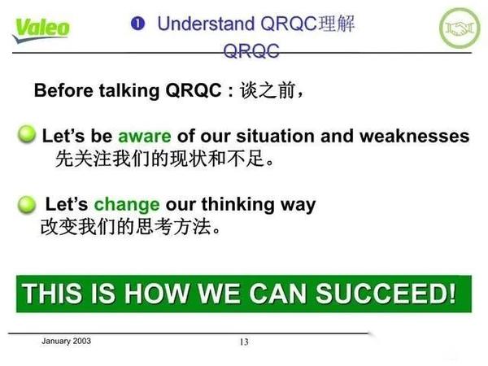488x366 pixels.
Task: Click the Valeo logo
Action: [41, 28]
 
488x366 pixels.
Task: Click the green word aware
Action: [145, 136]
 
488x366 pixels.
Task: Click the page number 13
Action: [244, 342]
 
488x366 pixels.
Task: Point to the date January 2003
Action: [66, 341]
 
